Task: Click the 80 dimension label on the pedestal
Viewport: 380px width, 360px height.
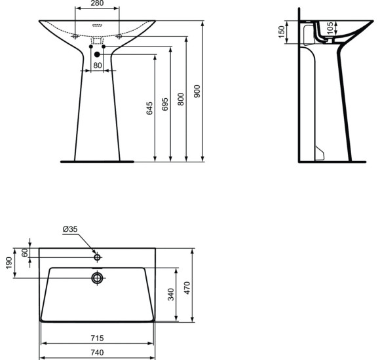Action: tap(97, 65)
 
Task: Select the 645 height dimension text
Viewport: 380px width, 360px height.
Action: tap(149, 107)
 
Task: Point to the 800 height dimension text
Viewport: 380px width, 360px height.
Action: tap(181, 98)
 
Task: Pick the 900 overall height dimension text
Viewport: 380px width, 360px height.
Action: tap(197, 91)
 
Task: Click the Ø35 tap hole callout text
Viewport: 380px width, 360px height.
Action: tap(70, 229)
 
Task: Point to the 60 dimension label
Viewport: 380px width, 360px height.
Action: tap(25, 253)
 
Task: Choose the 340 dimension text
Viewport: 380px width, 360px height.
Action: tap(171, 295)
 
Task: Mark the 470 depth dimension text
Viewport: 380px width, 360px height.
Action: tap(187, 286)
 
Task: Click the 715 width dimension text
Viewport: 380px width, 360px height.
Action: tap(98, 338)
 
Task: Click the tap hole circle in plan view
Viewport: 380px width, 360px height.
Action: tap(98, 258)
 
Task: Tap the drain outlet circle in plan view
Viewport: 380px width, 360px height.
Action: tap(98, 278)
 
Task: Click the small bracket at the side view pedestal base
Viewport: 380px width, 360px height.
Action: tap(320, 153)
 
